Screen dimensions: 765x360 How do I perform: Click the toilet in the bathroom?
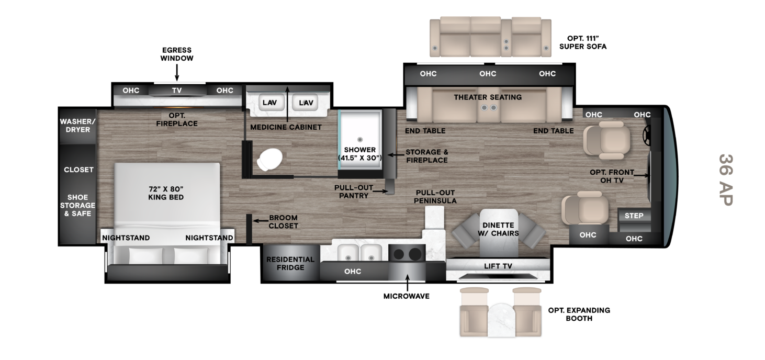point(269,159)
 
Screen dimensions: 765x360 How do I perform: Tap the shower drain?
point(359,139)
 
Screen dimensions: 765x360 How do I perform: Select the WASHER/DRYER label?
point(77,126)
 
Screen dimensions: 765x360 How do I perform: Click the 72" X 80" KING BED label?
point(166,193)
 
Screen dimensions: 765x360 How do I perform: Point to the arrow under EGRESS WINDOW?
point(177,72)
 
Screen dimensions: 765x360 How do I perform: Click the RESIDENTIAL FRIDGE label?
point(290,263)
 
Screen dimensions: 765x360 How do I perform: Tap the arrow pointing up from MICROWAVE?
point(407,283)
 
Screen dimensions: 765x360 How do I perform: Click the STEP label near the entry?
point(634,216)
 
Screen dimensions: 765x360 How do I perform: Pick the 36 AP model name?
point(726,180)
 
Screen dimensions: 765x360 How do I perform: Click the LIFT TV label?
point(498,266)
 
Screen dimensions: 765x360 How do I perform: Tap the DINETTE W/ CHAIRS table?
point(498,232)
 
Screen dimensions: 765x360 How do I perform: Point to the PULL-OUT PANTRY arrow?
point(380,192)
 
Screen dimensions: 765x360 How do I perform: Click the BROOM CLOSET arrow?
point(261,221)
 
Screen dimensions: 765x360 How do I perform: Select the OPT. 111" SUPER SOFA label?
point(583,42)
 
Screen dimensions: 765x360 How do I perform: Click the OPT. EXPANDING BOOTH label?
point(579,314)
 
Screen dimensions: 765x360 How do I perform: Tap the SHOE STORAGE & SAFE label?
point(77,205)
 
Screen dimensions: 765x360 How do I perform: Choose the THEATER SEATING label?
point(488,97)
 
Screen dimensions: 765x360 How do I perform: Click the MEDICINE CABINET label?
point(286,127)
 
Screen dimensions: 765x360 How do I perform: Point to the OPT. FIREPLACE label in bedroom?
point(177,119)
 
